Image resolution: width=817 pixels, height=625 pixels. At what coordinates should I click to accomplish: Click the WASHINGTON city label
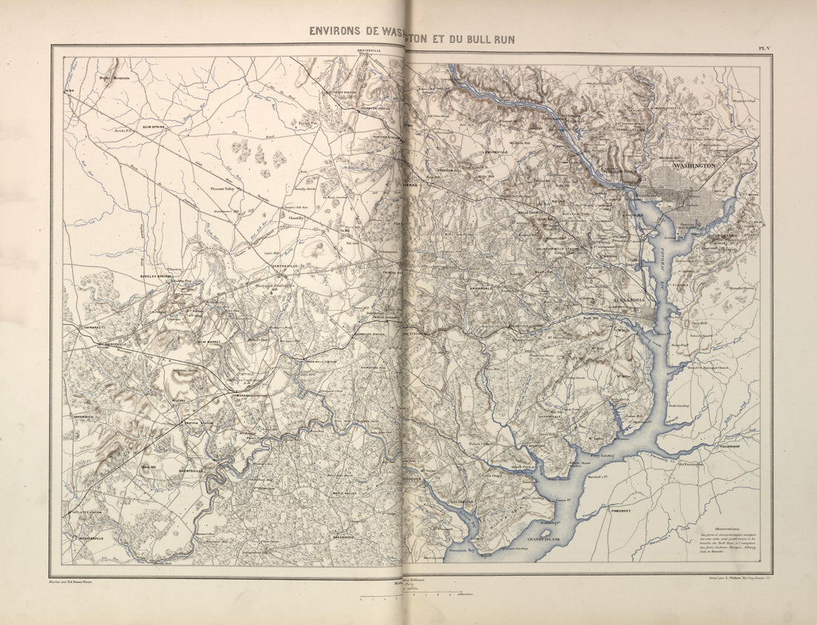click(x=694, y=166)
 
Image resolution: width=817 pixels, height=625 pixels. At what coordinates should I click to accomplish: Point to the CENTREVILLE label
click(x=285, y=267)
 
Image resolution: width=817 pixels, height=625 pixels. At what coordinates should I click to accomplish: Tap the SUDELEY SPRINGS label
click(x=155, y=275)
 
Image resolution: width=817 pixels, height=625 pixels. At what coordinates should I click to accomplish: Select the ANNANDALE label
click(x=484, y=288)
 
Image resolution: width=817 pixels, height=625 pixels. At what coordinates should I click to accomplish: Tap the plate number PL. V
click(x=763, y=48)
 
